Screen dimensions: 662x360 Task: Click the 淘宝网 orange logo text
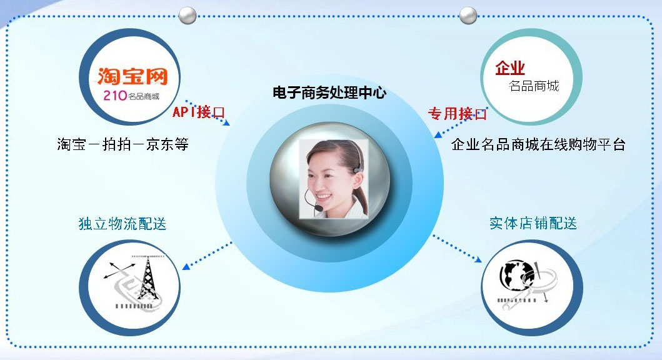click(133, 76)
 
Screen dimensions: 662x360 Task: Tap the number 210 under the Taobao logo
click(115, 96)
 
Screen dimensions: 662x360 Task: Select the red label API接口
click(198, 112)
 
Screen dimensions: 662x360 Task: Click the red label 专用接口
click(457, 113)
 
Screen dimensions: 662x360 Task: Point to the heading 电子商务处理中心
click(329, 92)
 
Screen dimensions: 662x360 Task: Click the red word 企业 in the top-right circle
click(510, 67)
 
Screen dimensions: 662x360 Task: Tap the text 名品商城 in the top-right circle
click(534, 86)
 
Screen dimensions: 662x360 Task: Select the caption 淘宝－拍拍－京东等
click(123, 144)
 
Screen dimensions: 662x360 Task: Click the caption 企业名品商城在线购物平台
click(538, 144)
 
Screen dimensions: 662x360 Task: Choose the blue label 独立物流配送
click(123, 223)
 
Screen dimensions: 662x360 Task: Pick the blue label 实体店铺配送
click(533, 223)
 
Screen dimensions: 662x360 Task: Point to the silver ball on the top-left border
click(187, 16)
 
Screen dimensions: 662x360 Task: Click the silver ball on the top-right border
click(468, 16)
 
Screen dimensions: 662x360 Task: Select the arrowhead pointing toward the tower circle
click(186, 266)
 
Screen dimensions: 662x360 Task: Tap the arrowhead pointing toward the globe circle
click(478, 259)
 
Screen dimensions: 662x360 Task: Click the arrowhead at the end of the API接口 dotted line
click(226, 122)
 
